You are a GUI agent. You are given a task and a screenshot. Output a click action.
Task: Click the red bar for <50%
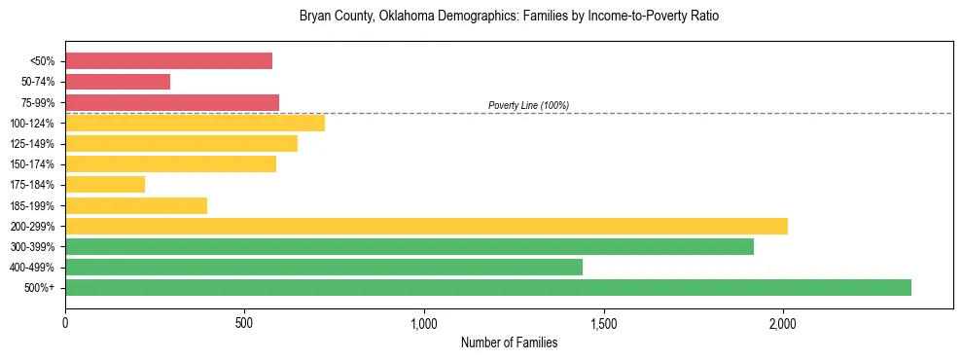(x=168, y=61)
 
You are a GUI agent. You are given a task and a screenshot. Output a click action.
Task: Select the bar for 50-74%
(x=118, y=82)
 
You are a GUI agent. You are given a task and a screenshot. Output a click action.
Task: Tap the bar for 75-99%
(x=172, y=102)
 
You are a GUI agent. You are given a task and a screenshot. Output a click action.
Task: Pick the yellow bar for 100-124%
(x=195, y=123)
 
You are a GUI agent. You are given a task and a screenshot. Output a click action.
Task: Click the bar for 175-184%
(x=105, y=184)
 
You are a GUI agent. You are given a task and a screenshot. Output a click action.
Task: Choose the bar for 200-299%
(x=426, y=226)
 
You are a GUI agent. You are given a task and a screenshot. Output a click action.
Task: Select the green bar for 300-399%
(x=410, y=246)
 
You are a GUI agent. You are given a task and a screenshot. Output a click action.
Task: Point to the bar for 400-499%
(x=324, y=267)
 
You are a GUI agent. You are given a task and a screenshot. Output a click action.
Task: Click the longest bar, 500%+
(x=488, y=287)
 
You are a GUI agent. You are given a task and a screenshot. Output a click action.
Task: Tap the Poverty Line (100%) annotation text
(x=528, y=105)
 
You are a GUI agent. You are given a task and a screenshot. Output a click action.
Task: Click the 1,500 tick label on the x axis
(x=604, y=322)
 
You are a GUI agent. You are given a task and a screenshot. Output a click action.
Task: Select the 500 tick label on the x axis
(x=244, y=322)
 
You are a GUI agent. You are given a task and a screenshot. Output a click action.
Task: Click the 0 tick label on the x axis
(x=65, y=322)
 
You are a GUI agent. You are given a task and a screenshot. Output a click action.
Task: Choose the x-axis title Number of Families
(x=509, y=342)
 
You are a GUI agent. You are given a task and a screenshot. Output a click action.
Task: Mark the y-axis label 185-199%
(x=32, y=205)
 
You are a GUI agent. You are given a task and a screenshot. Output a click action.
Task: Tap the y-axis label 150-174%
(x=32, y=163)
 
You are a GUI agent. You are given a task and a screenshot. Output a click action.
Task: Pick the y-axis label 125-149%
(x=32, y=143)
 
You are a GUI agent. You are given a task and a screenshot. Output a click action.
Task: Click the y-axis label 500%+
(x=39, y=288)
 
